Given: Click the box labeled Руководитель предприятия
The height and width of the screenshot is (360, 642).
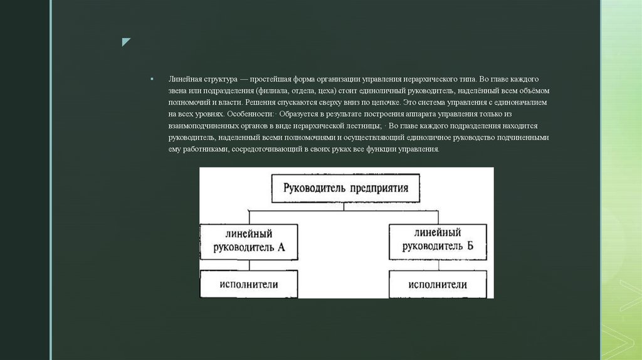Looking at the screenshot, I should pyautogui.click(x=346, y=188).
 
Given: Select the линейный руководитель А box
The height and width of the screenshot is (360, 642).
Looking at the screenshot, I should pyautogui.click(x=250, y=240).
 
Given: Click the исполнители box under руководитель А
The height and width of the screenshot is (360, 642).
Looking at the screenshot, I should pyautogui.click(x=249, y=284).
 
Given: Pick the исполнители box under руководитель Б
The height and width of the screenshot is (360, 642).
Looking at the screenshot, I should pyautogui.click(x=438, y=284).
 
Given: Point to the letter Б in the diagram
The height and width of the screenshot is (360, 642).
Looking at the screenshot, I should pyautogui.click(x=469, y=247).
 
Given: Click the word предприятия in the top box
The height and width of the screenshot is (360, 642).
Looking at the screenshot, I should pyautogui.click(x=379, y=188).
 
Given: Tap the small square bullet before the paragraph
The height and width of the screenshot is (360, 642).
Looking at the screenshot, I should pyautogui.click(x=152, y=80).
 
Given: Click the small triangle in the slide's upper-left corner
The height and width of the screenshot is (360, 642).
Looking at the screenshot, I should pyautogui.click(x=126, y=43).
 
